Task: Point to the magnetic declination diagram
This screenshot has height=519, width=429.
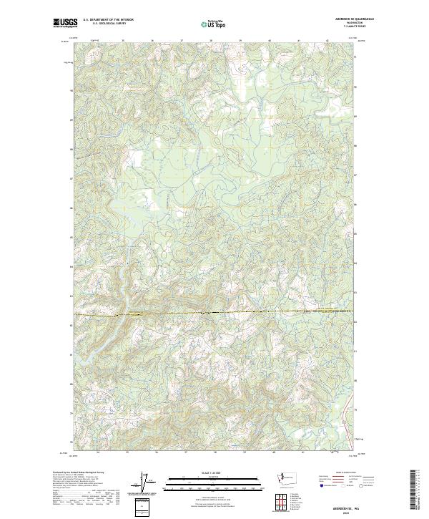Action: click(x=147, y=482)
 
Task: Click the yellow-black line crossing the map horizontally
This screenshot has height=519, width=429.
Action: click(x=214, y=313)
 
